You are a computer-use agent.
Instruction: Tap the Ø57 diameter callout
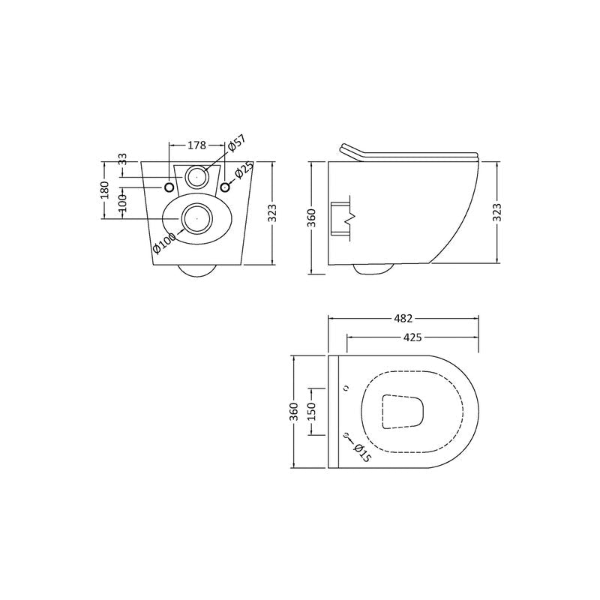tap(236, 145)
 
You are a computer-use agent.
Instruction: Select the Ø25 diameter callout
tap(241, 172)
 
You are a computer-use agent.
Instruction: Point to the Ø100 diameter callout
tap(164, 243)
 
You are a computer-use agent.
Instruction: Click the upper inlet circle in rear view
tap(197, 177)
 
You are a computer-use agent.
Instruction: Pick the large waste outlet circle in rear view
tap(196, 217)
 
